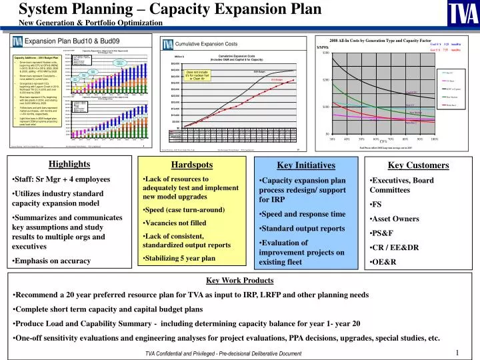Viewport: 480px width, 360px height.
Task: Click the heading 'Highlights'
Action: [69, 165]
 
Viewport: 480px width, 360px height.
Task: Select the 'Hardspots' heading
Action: [174, 165]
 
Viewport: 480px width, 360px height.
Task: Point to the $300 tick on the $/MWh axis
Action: [326, 53]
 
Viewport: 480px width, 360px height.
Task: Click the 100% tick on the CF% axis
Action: [434, 139]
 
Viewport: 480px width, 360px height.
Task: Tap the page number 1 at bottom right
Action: [458, 353]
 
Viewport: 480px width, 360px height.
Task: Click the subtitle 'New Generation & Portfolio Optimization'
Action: [91, 23]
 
